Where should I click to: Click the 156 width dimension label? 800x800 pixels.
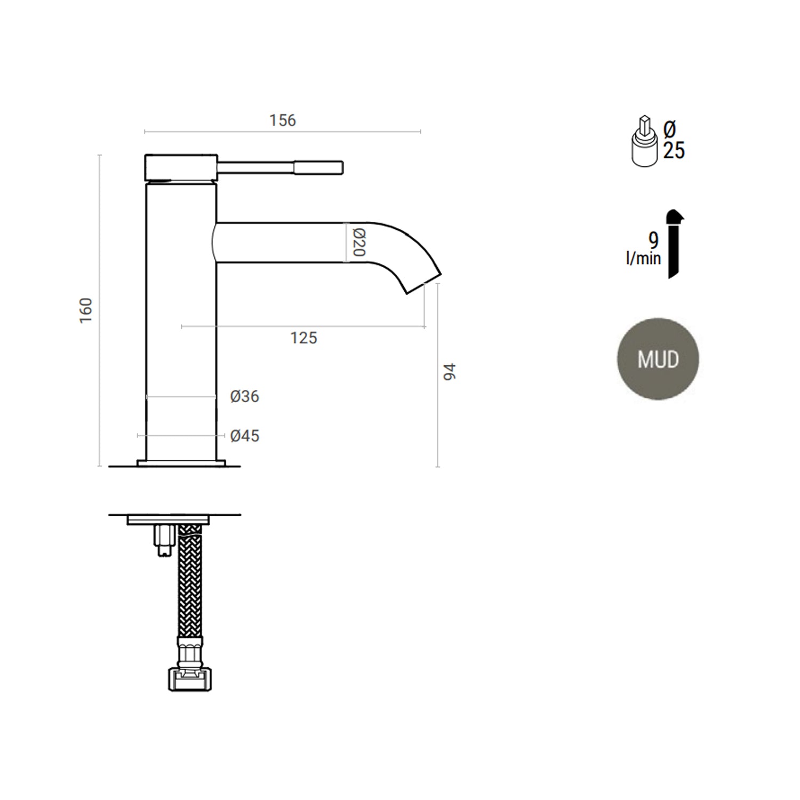282,121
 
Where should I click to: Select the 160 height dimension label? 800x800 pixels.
86,310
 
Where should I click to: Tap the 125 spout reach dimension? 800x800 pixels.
303,338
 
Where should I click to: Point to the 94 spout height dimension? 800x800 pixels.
450,372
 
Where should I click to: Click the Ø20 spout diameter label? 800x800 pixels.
358,243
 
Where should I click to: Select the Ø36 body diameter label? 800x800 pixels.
245,396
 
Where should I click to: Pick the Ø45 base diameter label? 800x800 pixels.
245,436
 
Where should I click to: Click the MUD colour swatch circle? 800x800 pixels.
658,359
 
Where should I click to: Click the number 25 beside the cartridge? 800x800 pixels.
674,151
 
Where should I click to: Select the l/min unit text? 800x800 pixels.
643,259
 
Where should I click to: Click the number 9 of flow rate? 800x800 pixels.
653,240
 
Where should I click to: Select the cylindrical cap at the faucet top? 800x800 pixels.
181,167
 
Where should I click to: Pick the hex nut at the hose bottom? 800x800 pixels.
189,679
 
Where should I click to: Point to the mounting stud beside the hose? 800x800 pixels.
163,540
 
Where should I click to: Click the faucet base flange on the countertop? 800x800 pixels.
181,463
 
